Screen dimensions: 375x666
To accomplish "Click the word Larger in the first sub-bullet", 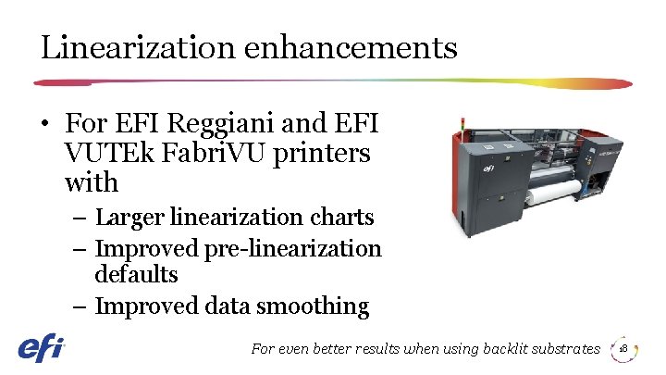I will click(125, 218).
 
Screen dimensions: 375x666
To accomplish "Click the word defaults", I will click(136, 275).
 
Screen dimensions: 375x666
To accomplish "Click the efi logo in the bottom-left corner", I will click(42, 349).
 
